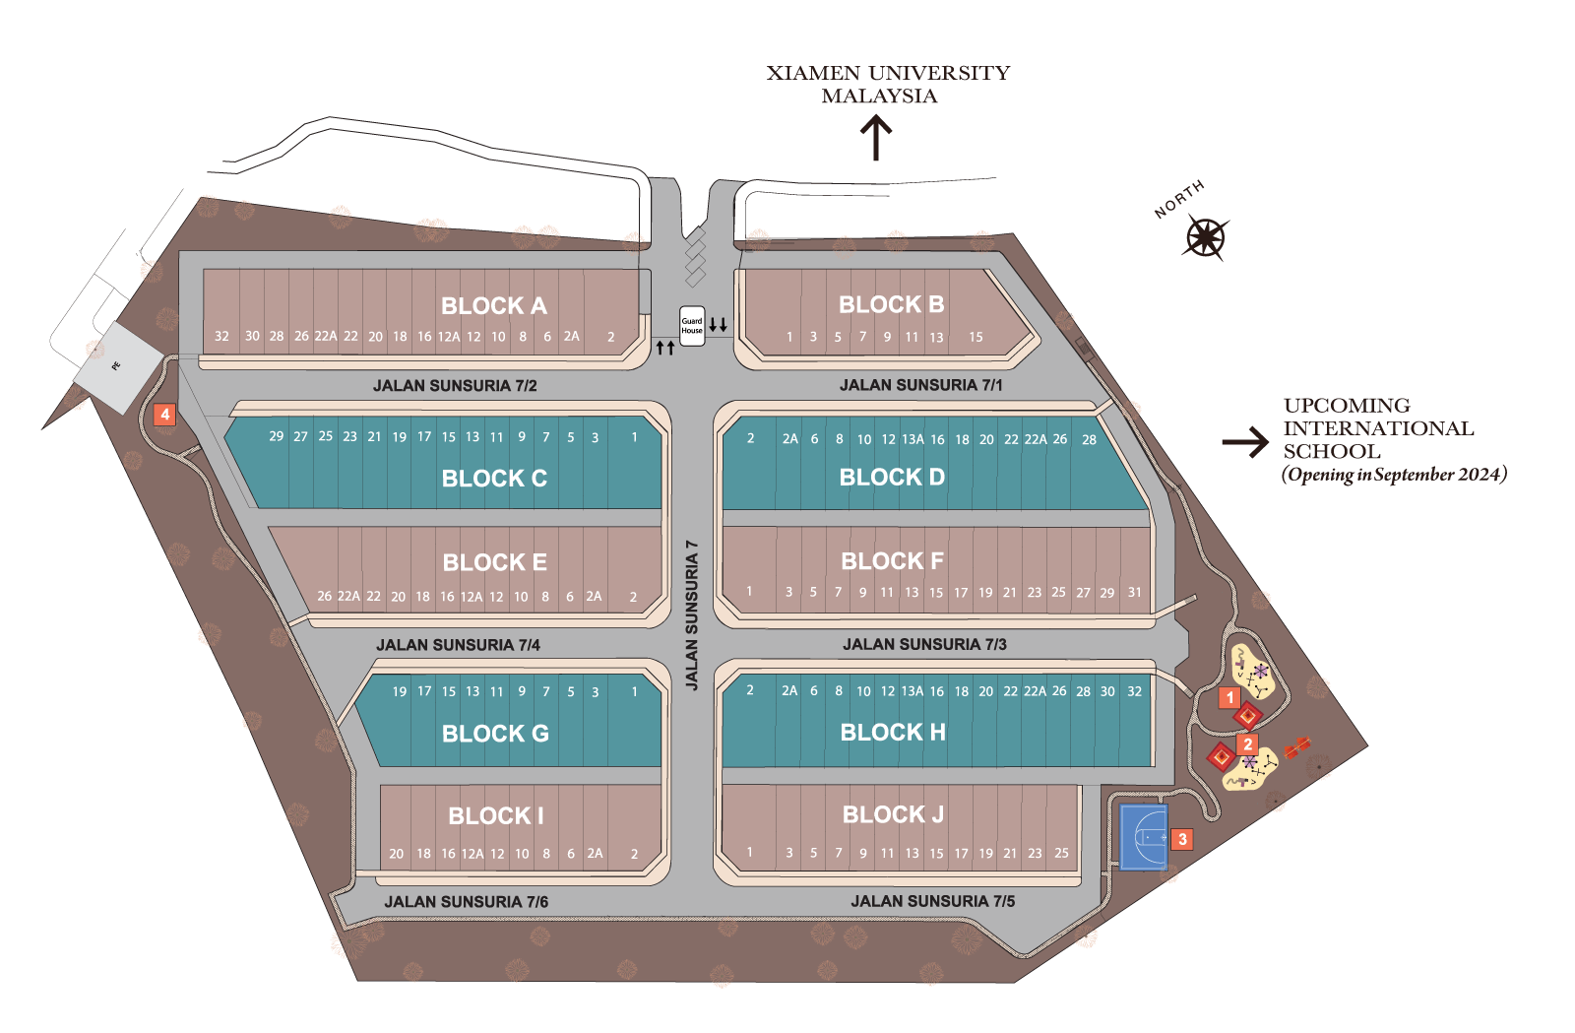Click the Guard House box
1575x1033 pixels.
(x=692, y=326)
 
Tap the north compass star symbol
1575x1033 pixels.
(x=1206, y=238)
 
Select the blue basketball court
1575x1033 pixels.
(x=1144, y=837)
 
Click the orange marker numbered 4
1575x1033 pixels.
(x=164, y=415)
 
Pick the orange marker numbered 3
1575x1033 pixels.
(x=1182, y=839)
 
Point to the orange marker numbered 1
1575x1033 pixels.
(x=1229, y=697)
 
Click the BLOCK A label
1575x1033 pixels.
(x=494, y=306)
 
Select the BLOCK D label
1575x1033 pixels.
(x=892, y=478)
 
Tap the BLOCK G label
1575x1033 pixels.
(x=495, y=734)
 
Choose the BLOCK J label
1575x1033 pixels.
(x=893, y=814)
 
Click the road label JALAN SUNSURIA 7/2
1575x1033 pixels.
(x=455, y=386)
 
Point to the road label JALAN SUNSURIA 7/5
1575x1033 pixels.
(x=933, y=901)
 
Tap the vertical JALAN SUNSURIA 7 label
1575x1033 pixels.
(x=692, y=614)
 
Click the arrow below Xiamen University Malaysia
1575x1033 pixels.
(x=876, y=138)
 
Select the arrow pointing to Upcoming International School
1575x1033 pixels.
(x=1246, y=442)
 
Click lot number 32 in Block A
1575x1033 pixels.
(x=221, y=336)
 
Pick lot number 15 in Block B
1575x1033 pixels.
(x=976, y=337)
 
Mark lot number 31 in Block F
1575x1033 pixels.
(x=1135, y=592)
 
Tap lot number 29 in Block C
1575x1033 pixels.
(x=276, y=436)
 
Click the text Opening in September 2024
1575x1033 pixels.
(x=1394, y=475)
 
